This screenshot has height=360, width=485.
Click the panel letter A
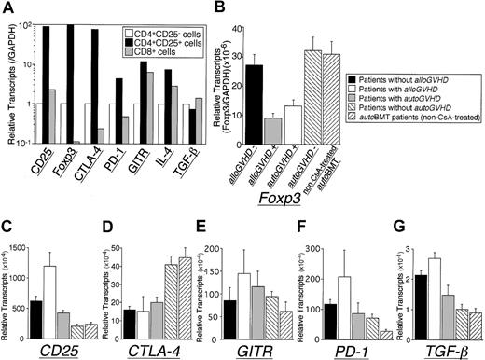click(7, 8)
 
